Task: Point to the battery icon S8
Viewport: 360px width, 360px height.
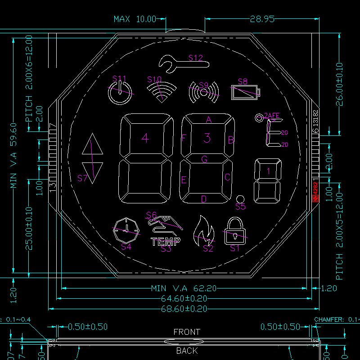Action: pyautogui.click(x=245, y=92)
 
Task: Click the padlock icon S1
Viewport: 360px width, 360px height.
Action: pyautogui.click(x=235, y=229)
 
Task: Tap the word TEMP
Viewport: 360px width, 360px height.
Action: pyautogui.click(x=166, y=241)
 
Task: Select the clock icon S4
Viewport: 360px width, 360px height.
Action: pyautogui.click(x=126, y=230)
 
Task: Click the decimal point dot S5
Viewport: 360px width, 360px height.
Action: pyautogui.click(x=240, y=198)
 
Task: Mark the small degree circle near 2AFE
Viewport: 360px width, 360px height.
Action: pyautogui.click(x=259, y=118)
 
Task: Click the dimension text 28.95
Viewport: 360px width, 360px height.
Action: pyautogui.click(x=262, y=19)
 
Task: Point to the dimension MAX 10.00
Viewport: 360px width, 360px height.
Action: pyautogui.click(x=134, y=19)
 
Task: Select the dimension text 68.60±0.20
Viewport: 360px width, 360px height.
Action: pyautogui.click(x=184, y=309)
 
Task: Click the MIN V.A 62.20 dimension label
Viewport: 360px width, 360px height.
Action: pyautogui.click(x=184, y=288)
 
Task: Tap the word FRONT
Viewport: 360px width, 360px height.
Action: pyautogui.click(x=187, y=332)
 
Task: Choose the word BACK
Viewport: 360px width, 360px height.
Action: pyautogui.click(x=187, y=351)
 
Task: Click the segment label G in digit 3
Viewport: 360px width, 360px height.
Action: pyautogui.click(x=204, y=159)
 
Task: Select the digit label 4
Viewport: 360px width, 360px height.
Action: pyautogui.click(x=145, y=138)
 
